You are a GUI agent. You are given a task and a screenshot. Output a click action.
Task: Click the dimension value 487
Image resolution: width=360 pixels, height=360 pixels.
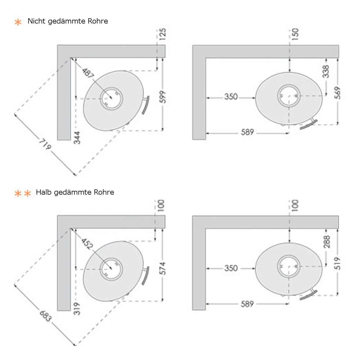(88, 73)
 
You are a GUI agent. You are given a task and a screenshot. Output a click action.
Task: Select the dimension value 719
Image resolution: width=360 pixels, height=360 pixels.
(45, 144)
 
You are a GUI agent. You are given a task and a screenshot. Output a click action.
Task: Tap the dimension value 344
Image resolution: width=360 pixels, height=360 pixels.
(77, 138)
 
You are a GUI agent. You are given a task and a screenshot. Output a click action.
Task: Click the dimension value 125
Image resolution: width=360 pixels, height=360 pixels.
(163, 34)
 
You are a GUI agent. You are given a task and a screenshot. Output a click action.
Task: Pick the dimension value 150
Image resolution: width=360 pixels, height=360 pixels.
(295, 34)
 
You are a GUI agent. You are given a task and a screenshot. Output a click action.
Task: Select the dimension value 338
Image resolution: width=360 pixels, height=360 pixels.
(326, 71)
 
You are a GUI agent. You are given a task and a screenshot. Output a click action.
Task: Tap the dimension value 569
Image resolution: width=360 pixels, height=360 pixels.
(337, 93)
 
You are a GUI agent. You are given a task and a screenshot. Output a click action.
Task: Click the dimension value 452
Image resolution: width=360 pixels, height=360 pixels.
(87, 244)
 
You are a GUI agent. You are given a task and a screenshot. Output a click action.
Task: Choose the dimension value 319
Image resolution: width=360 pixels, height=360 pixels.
(77, 309)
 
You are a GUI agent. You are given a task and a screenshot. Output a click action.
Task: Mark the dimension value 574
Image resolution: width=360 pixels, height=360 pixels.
(163, 268)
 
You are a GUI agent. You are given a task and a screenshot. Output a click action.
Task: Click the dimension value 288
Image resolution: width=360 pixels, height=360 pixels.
(326, 242)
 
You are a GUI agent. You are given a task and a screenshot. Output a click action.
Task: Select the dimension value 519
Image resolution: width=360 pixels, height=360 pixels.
(337, 263)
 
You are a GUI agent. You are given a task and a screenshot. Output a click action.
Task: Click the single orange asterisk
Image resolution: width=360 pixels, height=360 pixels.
(18, 22)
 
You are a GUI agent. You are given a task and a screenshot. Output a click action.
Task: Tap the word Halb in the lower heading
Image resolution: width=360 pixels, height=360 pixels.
(44, 192)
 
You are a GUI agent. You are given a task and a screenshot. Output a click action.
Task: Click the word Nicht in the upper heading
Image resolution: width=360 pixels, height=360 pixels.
(37, 21)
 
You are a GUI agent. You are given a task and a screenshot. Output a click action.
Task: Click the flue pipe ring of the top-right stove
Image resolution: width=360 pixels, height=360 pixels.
(289, 96)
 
